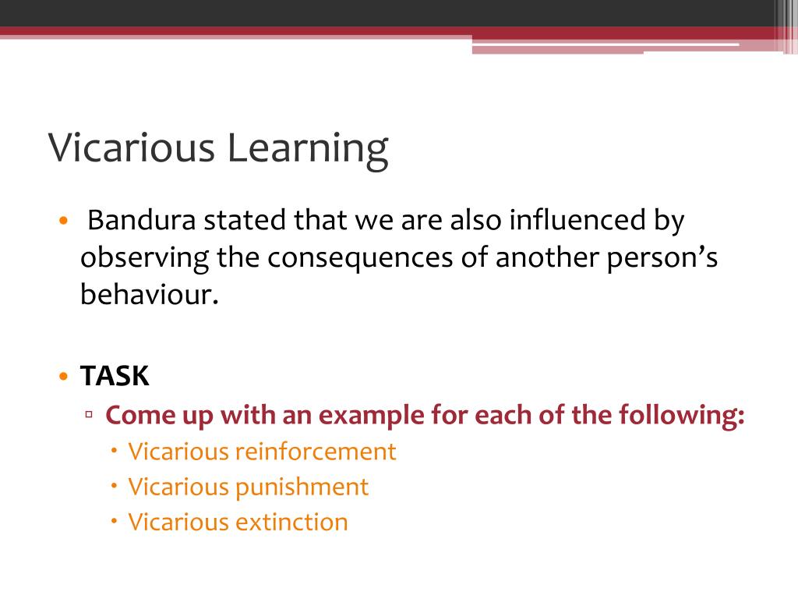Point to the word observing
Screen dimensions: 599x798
point(144,258)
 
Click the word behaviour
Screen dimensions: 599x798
point(145,296)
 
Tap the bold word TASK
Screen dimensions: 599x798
point(115,377)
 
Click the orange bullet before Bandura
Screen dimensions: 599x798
point(64,221)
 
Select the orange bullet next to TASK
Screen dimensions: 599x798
point(64,377)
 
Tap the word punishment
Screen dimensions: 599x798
point(302,487)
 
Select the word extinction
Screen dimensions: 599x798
point(291,522)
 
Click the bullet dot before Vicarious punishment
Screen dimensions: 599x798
point(115,485)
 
